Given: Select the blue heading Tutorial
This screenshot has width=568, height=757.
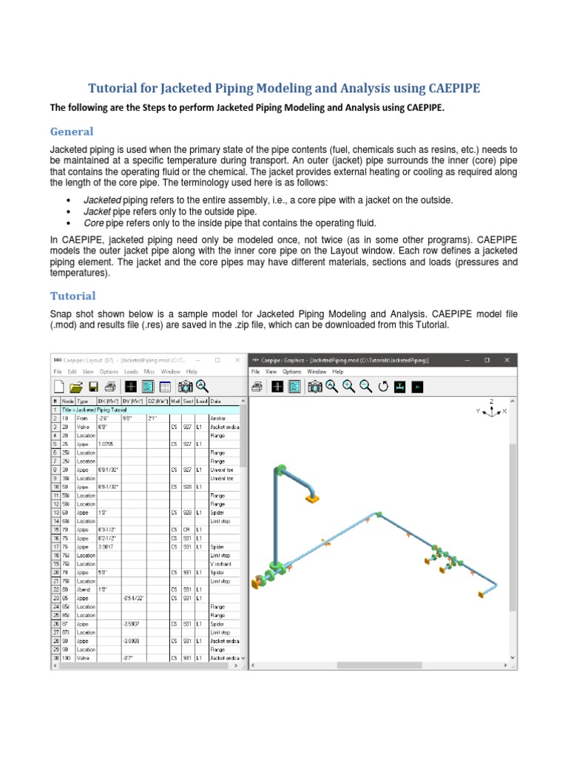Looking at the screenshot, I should [x=72, y=296].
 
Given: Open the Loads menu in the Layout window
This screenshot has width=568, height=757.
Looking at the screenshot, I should [x=131, y=371].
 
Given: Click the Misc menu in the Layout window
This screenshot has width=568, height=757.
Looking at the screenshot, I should [x=149, y=371].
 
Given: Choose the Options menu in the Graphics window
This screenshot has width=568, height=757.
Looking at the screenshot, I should [x=291, y=371].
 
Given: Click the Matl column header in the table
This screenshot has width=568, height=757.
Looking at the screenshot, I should [x=175, y=401].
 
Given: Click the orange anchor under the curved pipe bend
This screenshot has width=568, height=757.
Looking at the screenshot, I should [x=313, y=500].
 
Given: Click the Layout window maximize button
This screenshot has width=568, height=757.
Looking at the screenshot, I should [x=217, y=360].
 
